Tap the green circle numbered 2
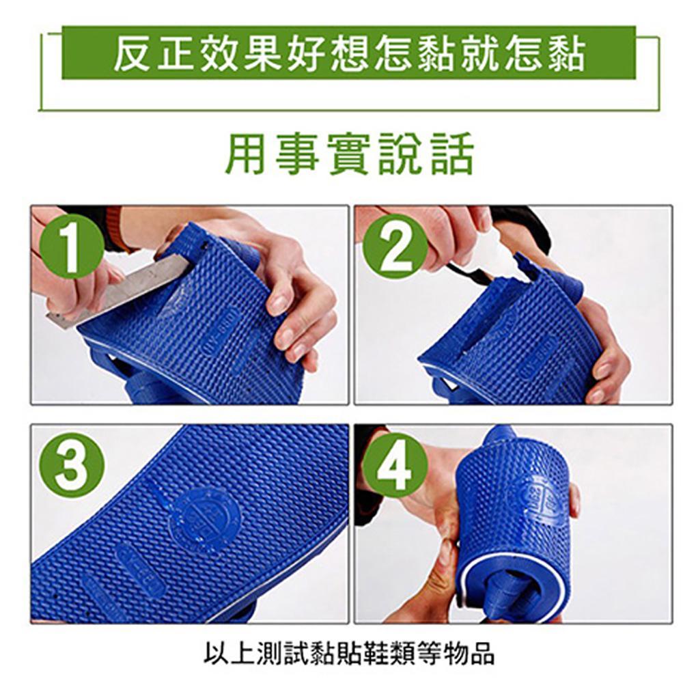(x=395, y=247)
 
